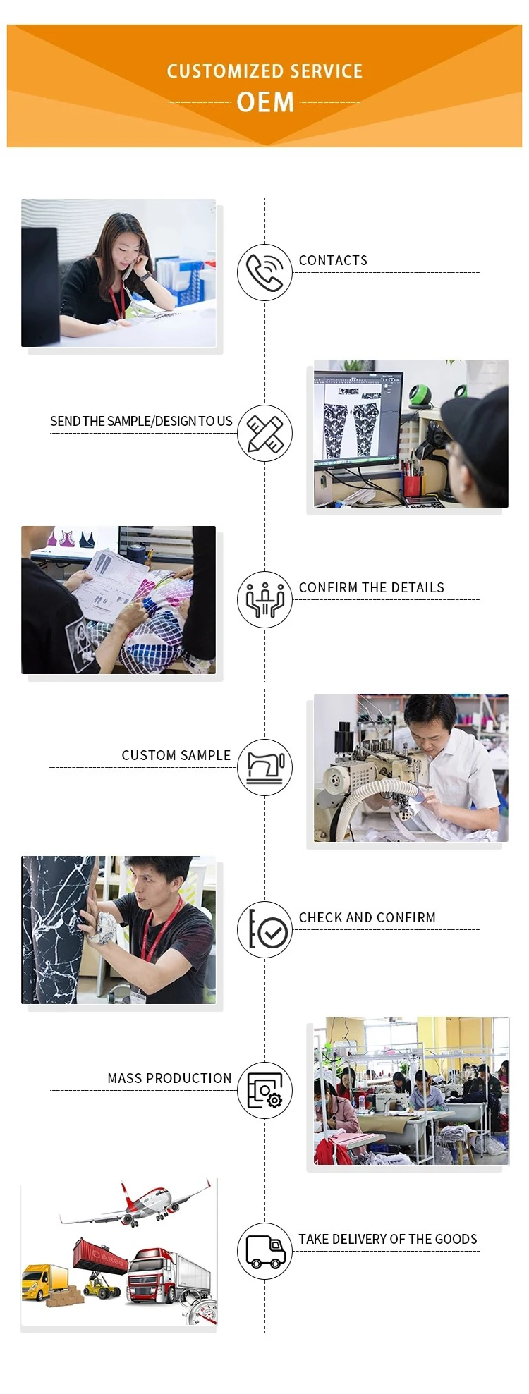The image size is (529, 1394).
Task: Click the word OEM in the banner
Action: pyautogui.click(x=265, y=102)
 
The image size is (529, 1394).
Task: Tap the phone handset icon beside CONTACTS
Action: pyautogui.click(x=264, y=272)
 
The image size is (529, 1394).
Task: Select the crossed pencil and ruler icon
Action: pyautogui.click(x=264, y=433)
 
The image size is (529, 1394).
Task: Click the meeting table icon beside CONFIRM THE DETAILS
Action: pyautogui.click(x=264, y=599)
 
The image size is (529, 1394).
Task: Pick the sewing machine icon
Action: pyautogui.click(x=264, y=766)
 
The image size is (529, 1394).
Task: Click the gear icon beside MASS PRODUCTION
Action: pyautogui.click(x=274, y=1099)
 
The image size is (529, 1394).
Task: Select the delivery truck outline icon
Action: pyautogui.click(x=264, y=1252)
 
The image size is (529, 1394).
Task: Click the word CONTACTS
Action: pyautogui.click(x=333, y=260)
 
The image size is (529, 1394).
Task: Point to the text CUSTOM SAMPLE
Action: pyautogui.click(x=176, y=755)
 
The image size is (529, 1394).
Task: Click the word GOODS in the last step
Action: pyautogui.click(x=456, y=1239)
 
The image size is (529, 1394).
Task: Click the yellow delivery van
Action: pyautogui.click(x=44, y=1280)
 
